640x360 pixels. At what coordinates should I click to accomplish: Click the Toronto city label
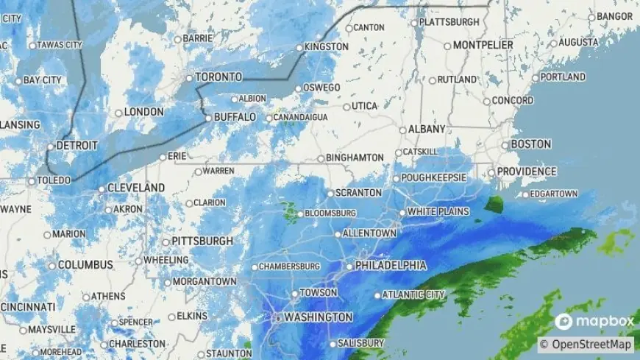[x=218, y=77]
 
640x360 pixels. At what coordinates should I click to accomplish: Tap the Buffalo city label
[x=235, y=117]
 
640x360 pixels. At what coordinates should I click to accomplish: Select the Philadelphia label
[x=391, y=265]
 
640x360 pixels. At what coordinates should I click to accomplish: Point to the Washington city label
[x=318, y=317]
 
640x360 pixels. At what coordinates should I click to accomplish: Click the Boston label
[x=530, y=144]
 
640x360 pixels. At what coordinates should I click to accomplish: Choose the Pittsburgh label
[x=202, y=241]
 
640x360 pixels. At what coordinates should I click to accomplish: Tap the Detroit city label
[x=77, y=146]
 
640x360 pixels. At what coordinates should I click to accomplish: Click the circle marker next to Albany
[x=402, y=130]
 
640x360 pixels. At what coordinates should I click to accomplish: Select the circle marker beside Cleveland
[x=102, y=188]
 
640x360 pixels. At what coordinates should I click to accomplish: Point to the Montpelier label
[x=483, y=45]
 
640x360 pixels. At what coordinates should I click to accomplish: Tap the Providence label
[x=526, y=172]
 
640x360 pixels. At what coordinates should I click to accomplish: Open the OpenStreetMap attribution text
[x=586, y=344]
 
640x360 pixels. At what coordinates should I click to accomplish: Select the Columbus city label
[x=85, y=264]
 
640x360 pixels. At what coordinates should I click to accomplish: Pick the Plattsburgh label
[x=449, y=22]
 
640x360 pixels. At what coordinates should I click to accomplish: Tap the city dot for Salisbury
[x=332, y=344]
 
